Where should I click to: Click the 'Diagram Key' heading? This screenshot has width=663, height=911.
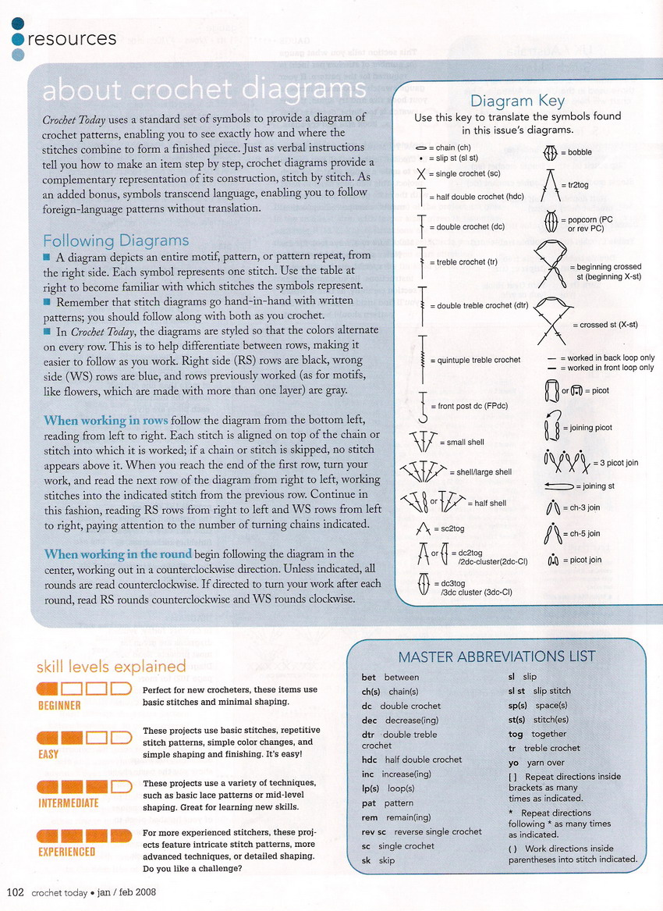(512, 101)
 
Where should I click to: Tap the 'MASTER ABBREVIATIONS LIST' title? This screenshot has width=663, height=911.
(497, 656)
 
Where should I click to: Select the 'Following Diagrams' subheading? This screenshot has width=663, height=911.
(115, 240)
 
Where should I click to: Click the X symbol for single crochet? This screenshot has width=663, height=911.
(421, 173)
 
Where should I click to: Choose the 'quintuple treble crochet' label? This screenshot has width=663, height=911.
(475, 360)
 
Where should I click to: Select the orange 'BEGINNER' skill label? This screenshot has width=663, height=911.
(60, 706)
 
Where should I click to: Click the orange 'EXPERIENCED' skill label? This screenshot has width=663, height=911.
(67, 852)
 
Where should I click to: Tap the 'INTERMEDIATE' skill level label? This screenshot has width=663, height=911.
(69, 802)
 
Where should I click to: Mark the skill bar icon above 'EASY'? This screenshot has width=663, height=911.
(84, 737)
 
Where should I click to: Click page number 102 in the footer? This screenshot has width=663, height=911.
(16, 892)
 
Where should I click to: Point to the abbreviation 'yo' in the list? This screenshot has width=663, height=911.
(513, 763)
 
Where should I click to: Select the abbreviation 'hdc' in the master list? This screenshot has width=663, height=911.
(369, 759)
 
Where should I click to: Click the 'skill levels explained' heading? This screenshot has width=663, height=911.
(111, 666)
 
